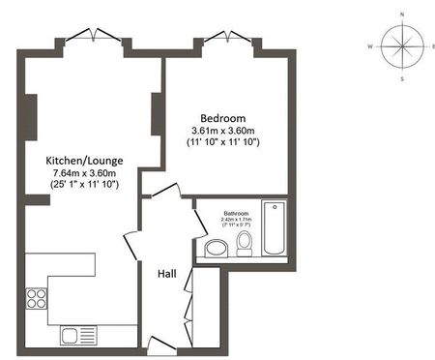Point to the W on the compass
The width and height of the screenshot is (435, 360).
[x=370, y=45]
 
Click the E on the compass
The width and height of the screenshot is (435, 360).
[x=433, y=45]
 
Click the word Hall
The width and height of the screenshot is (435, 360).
[x=166, y=273]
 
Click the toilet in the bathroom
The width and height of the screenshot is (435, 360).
[x=245, y=243]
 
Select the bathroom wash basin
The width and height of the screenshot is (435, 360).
[x=217, y=249]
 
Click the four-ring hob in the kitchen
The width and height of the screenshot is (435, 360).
[x=40, y=297]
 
